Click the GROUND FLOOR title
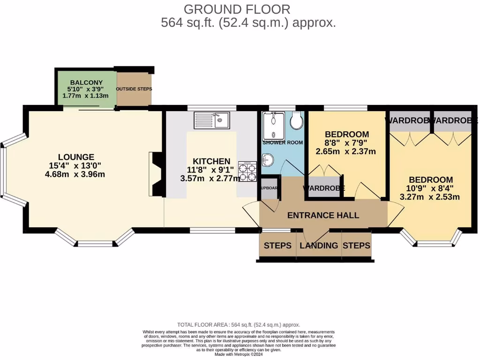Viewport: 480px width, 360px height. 237,9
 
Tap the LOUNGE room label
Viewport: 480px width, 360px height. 76,157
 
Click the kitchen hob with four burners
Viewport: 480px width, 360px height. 248,171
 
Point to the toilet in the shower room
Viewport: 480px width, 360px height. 296,121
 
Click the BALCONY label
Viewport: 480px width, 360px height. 86,82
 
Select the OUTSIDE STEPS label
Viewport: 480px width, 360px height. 134,89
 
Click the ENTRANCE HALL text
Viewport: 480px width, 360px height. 323,216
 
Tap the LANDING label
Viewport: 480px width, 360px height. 319,246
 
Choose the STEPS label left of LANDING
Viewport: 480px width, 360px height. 277,246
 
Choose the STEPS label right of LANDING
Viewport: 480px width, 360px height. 356,246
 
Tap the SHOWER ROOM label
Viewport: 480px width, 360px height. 283,142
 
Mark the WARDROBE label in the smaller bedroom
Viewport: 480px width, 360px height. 323,188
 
